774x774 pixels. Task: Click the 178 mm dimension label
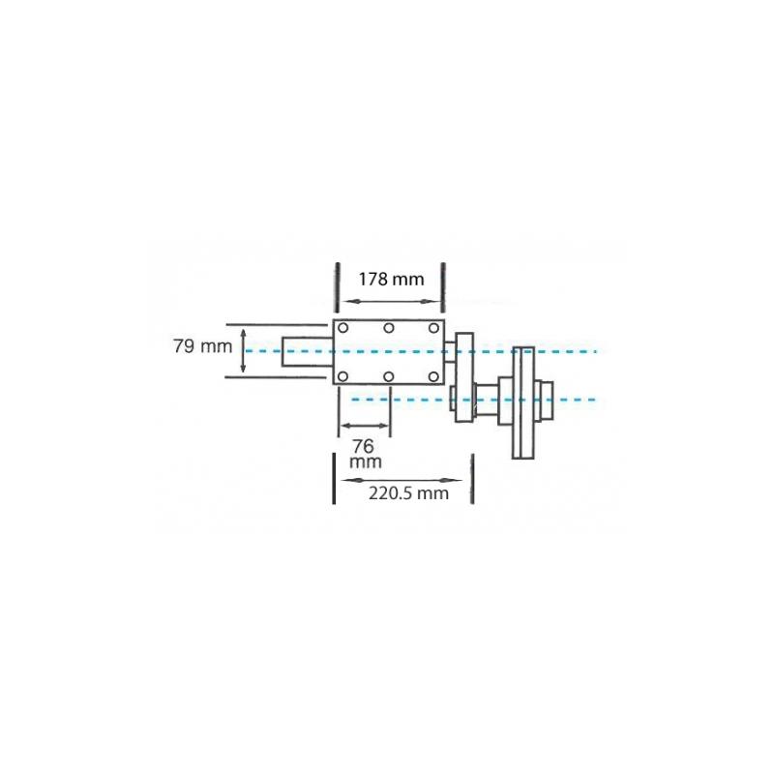pos(391,280)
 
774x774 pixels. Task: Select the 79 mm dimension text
pos(197,346)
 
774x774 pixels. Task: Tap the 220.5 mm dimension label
pos(408,492)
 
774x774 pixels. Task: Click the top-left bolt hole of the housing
pos(343,329)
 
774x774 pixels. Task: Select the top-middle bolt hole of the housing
pos(388,329)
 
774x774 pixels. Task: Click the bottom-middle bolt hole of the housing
pos(388,375)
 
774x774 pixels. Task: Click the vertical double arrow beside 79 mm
pos(242,350)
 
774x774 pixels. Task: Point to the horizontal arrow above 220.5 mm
pos(402,478)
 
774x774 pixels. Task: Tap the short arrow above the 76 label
pos(364,425)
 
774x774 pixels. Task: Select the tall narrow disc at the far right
pos(523,402)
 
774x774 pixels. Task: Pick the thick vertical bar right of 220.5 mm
pos(472,481)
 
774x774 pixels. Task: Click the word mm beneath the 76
pos(365,462)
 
